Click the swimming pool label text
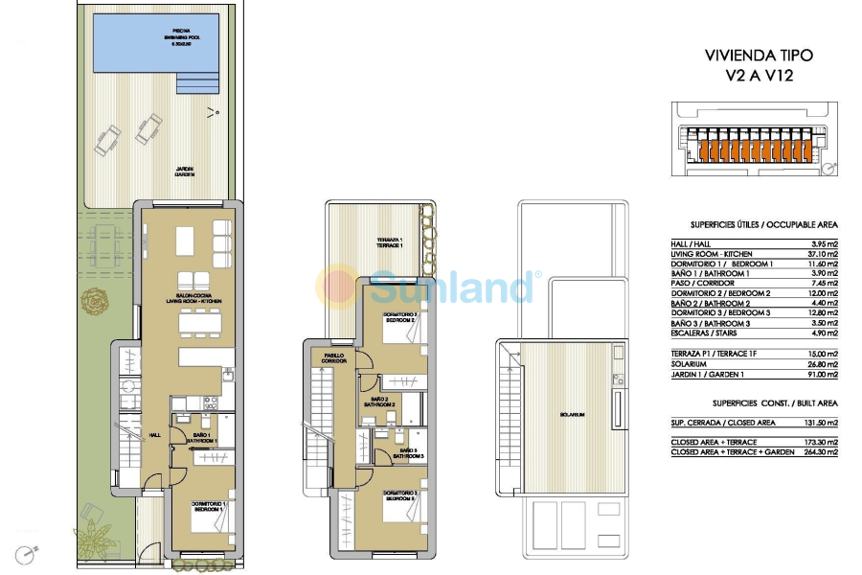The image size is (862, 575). tap(181, 36)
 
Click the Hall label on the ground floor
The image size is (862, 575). tap(154, 434)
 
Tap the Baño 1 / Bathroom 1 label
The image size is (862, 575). tap(204, 438)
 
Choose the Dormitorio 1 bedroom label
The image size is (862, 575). tap(210, 507)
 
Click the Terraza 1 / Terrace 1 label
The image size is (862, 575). tap(389, 243)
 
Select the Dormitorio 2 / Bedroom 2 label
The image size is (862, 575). tap(399, 317)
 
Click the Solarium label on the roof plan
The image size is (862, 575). tap(576, 414)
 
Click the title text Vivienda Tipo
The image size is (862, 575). tap(751, 56)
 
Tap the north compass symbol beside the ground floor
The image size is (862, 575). tap(28, 553)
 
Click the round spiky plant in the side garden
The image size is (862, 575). tap(95, 304)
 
